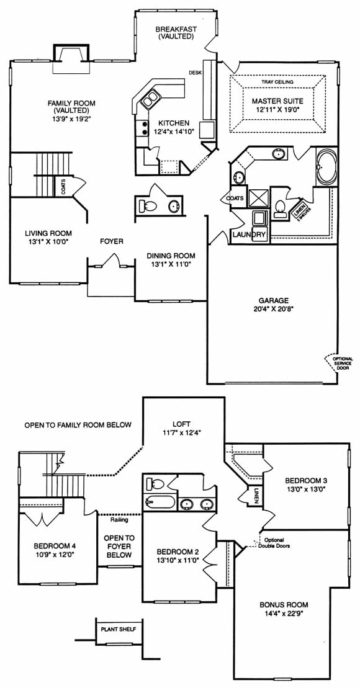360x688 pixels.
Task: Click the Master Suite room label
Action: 277,101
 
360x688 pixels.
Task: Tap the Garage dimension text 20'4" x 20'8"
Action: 273,308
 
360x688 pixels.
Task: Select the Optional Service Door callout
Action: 343,364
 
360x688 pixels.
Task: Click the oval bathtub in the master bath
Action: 325,168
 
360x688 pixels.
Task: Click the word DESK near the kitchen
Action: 195,73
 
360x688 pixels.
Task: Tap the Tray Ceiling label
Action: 277,82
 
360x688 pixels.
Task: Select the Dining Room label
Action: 171,256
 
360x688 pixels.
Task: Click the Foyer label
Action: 112,241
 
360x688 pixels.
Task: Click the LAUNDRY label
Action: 249,235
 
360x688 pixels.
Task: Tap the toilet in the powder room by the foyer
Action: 149,205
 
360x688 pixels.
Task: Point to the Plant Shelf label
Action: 119,629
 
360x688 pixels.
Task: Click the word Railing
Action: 119,520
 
